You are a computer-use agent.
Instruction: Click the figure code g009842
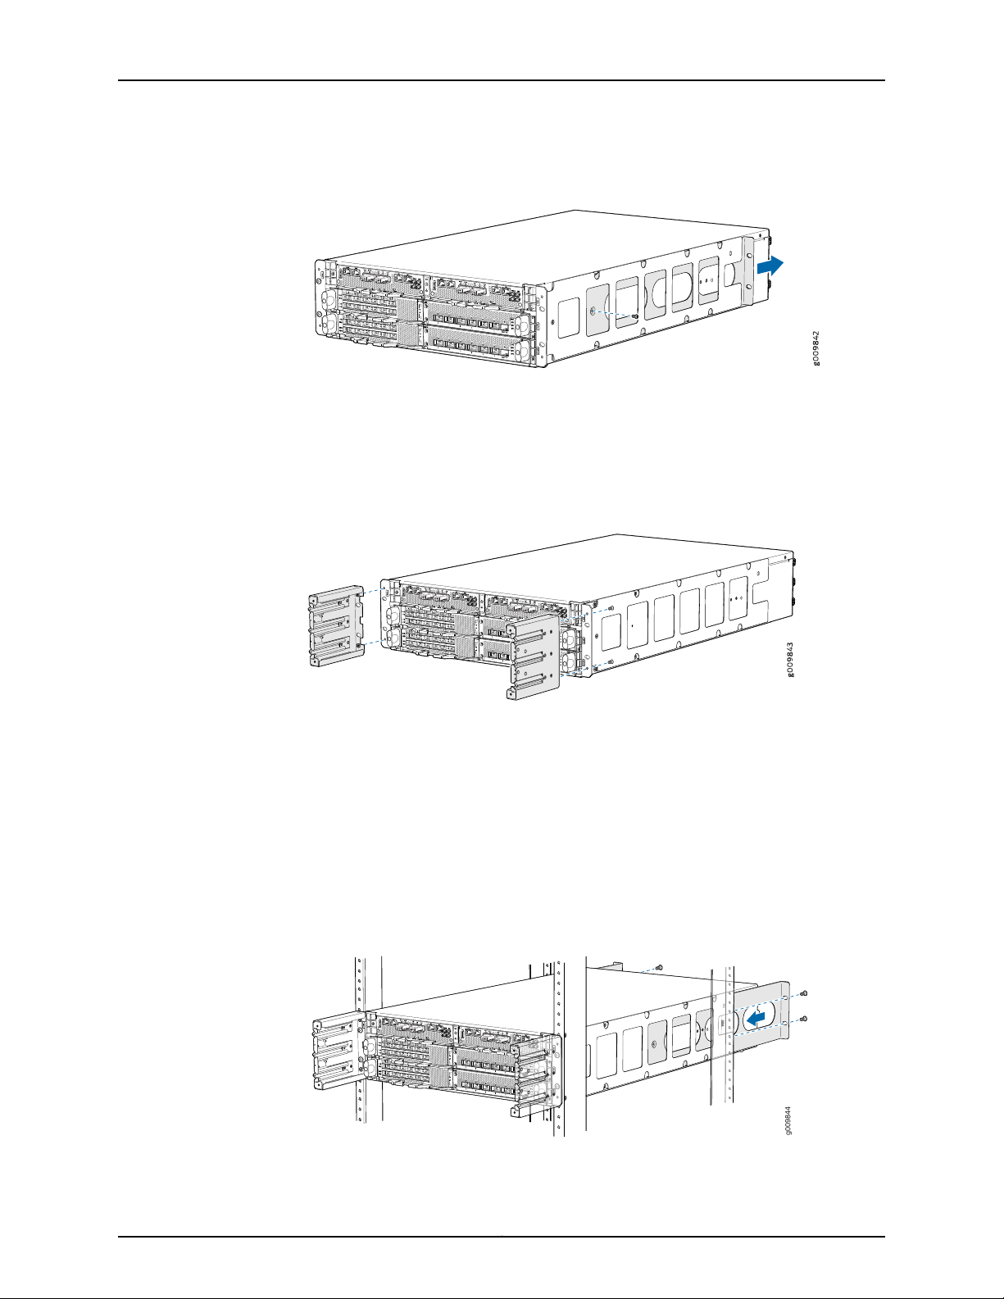(x=816, y=348)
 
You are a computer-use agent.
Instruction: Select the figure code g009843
(x=791, y=660)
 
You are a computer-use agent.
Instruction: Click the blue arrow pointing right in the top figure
(x=770, y=266)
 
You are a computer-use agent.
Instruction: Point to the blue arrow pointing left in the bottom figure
(x=756, y=1017)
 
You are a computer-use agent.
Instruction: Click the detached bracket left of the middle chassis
(x=336, y=625)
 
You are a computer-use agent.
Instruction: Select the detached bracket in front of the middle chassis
(x=533, y=657)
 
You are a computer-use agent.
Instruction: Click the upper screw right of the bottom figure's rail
(x=804, y=993)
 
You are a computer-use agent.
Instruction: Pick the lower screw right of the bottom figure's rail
(x=804, y=1018)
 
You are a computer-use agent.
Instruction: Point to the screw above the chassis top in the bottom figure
(x=658, y=966)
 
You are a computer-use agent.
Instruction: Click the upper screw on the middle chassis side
(x=610, y=608)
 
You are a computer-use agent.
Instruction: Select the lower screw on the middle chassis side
(x=610, y=662)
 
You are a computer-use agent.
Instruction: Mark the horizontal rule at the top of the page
(x=501, y=80)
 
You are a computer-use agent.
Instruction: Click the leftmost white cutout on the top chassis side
(x=568, y=317)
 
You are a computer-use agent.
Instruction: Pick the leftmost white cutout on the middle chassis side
(x=610, y=633)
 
